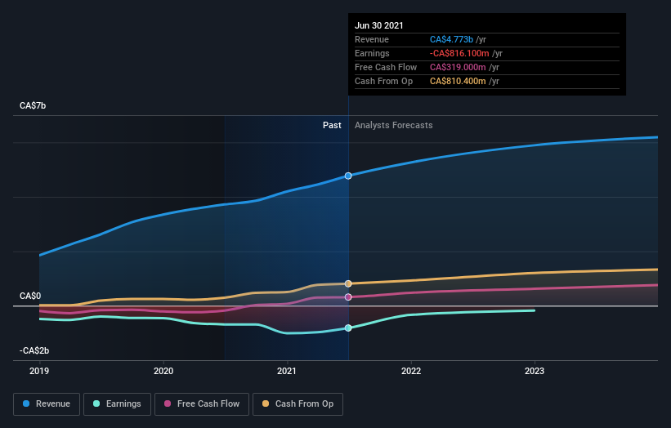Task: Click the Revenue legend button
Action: pos(47,403)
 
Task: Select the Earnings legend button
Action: pos(117,403)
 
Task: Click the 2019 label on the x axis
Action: pos(39,371)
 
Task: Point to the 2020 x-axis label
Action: pos(163,371)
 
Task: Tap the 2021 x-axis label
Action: pos(287,371)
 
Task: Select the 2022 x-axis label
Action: pos(411,371)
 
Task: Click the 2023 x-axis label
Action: pos(535,371)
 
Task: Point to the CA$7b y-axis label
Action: pos(34,106)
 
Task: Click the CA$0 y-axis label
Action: pos(31,296)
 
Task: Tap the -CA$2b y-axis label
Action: pos(34,350)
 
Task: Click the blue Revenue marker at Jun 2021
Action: pos(348,176)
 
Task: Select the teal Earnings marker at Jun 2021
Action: pos(348,328)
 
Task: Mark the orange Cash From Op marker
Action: pos(348,283)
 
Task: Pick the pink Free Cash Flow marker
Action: pos(348,297)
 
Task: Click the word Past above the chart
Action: pos(332,125)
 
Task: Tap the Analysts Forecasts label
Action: pos(394,125)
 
